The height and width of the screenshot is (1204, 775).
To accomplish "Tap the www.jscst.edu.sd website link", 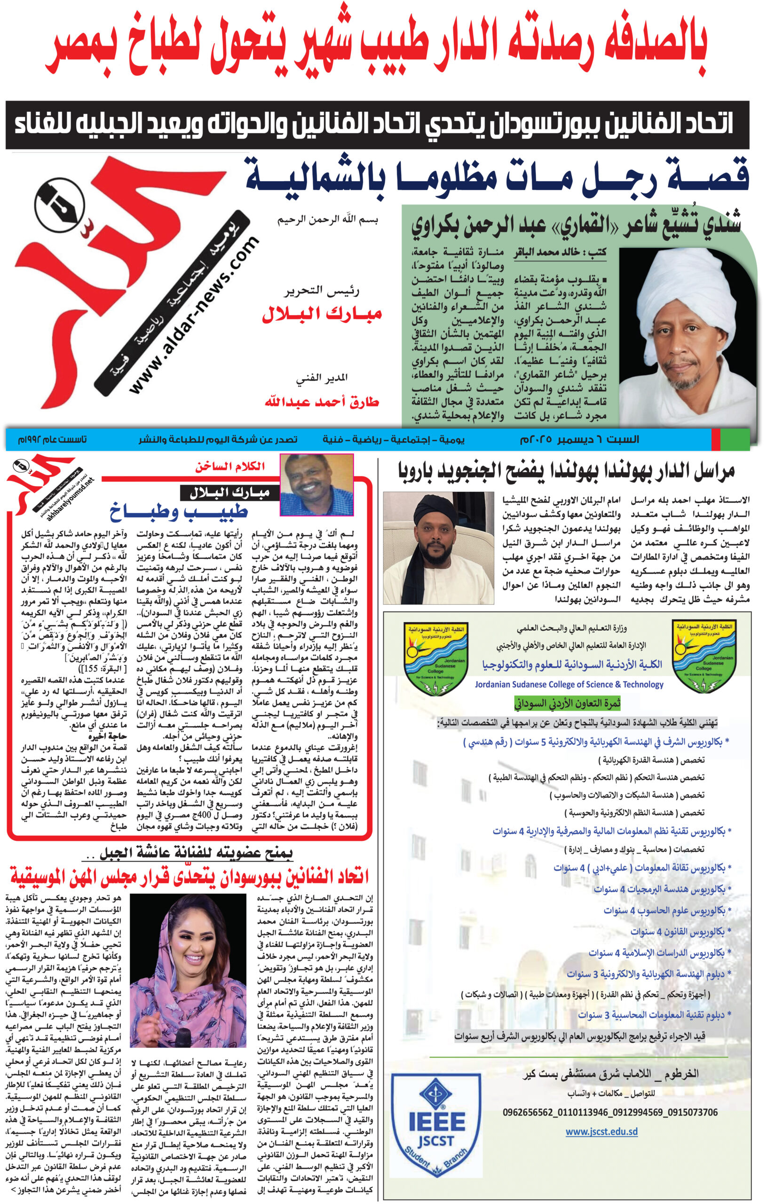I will [601, 1132].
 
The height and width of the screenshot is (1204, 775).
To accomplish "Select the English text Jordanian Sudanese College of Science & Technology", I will [569, 684].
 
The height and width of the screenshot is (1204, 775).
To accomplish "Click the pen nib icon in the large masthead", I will [59, 207].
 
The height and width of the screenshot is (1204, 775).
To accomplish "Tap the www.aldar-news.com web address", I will [194, 315].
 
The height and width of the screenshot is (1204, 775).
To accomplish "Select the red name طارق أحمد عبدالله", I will [322, 402].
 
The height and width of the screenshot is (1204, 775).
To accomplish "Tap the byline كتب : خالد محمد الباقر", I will [560, 253].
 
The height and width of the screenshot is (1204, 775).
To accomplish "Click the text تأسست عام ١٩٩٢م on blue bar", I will [52, 439].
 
